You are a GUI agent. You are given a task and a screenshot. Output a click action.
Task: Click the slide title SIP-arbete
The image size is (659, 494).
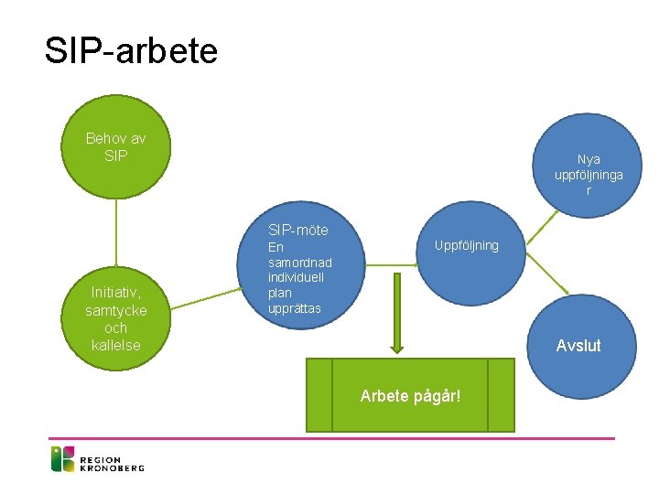coord(131,50)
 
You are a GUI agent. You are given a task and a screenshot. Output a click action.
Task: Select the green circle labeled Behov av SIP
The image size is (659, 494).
coord(115,147)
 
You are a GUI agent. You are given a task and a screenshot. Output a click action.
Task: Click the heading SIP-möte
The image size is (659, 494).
coord(298,230)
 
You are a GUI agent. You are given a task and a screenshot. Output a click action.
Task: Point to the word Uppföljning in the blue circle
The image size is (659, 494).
coord(467,245)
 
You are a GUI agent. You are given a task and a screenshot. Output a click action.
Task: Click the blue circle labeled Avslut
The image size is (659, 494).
coord(579,345)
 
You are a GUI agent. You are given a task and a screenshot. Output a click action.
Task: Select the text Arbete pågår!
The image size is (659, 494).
coord(410,396)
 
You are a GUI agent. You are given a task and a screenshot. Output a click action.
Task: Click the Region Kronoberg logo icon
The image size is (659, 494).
coord(62,458)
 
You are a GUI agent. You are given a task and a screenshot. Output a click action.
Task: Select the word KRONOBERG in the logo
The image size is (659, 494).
coord(112,467)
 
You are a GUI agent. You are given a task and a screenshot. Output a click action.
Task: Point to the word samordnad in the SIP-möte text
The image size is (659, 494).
coord(294,263)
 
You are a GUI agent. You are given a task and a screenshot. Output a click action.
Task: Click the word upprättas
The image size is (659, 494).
coord(295,308)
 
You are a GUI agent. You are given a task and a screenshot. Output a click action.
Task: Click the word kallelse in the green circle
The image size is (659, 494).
coord(116,344)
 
